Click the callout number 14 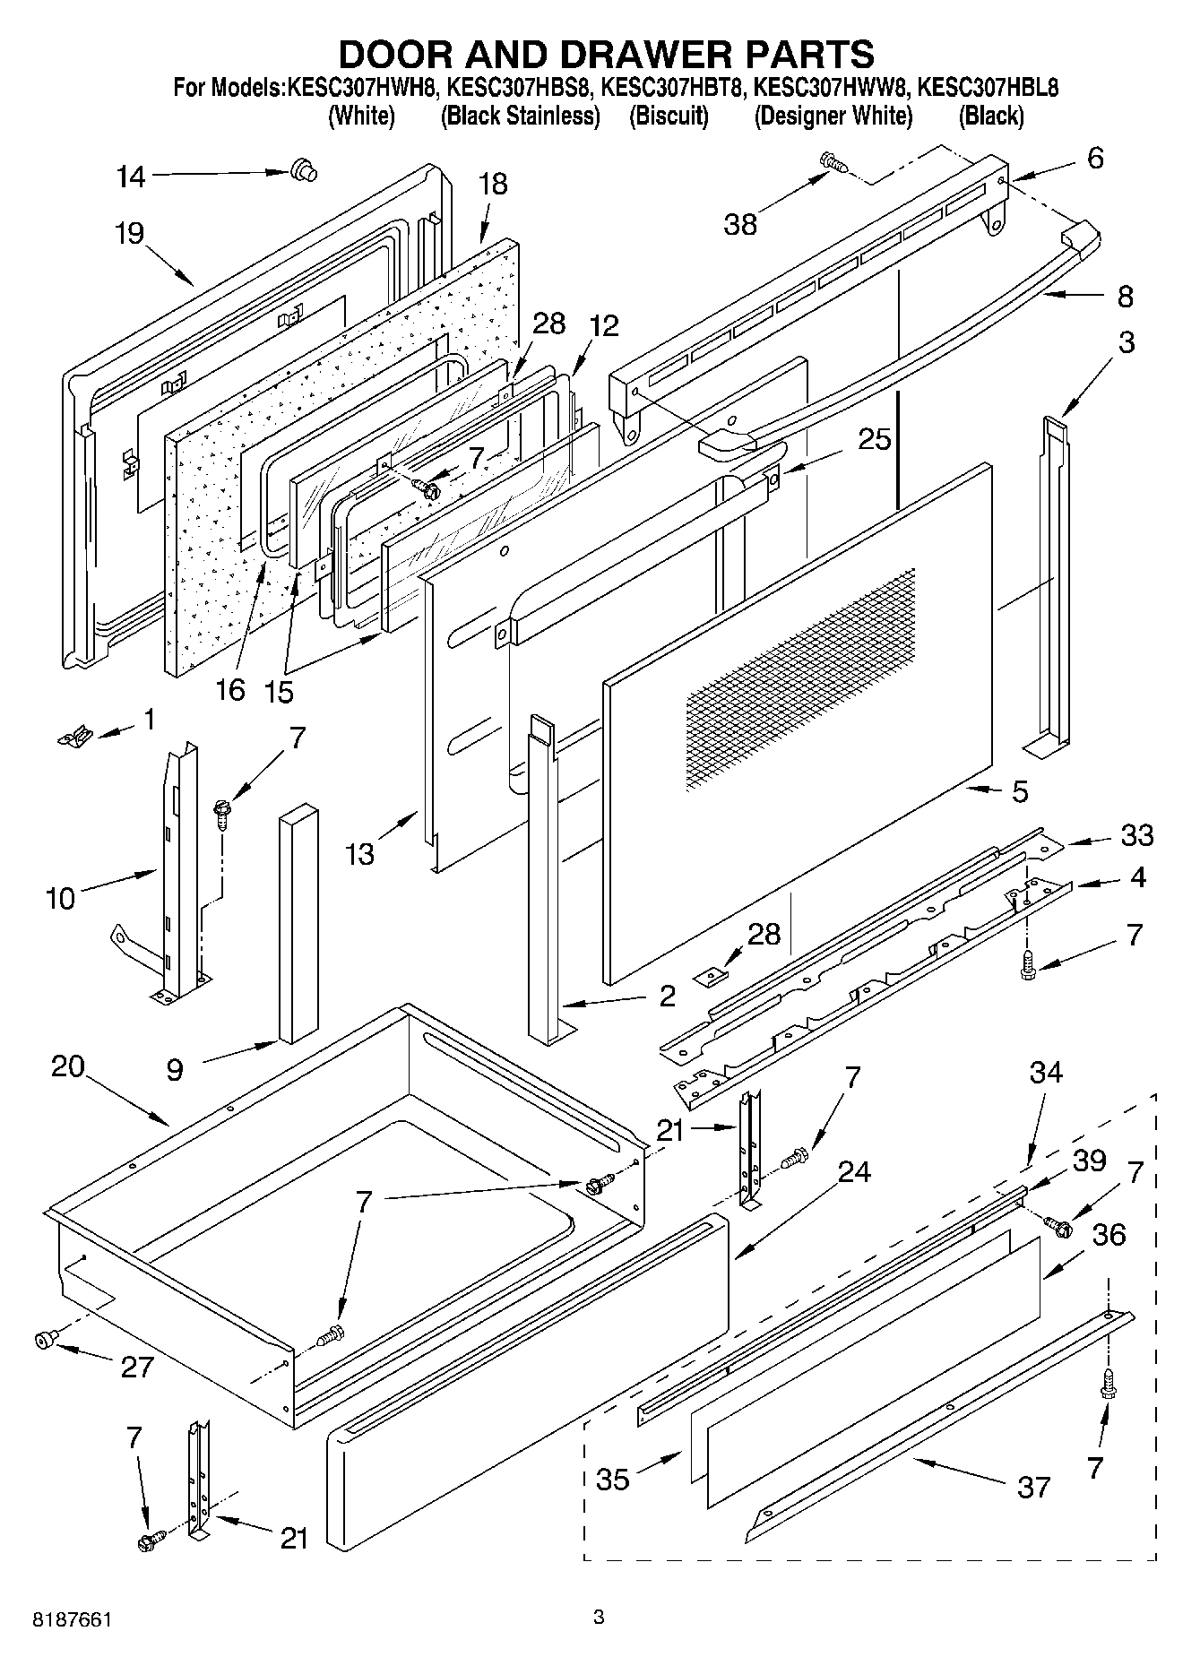[131, 177]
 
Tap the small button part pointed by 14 [304, 169]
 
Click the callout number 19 [129, 235]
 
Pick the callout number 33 [1137, 835]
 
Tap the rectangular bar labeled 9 [298, 924]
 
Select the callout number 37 [1033, 1489]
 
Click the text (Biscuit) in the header [669, 116]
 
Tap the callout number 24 [853, 1172]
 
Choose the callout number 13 [360, 854]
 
